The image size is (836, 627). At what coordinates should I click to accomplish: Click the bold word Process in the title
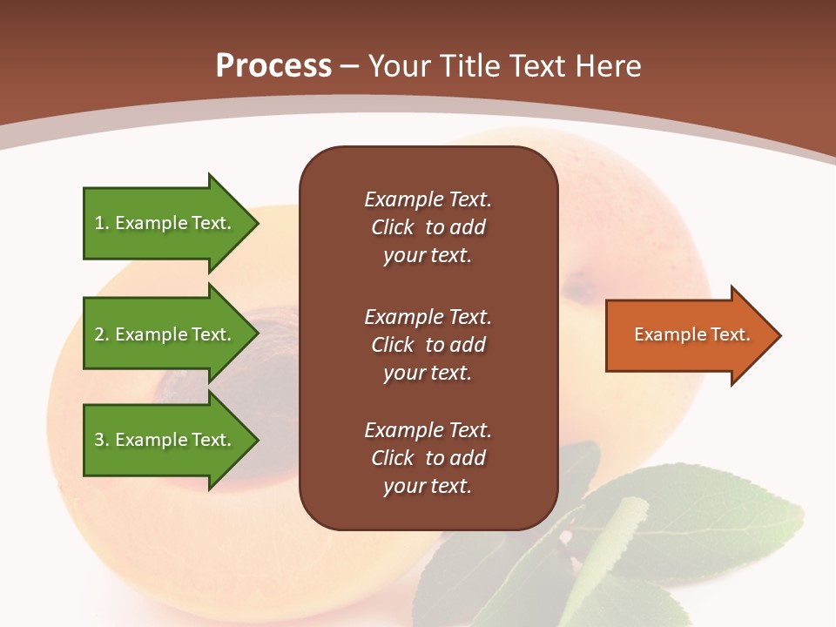(273, 66)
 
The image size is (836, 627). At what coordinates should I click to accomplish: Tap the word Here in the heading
(609, 66)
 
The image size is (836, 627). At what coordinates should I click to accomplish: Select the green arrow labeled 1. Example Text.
(164, 223)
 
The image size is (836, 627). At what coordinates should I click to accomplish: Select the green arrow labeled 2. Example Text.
(164, 334)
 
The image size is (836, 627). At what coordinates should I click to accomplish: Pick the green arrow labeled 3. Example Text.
(164, 440)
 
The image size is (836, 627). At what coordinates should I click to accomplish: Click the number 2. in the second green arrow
(102, 334)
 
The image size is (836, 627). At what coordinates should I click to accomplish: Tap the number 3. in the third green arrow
(102, 440)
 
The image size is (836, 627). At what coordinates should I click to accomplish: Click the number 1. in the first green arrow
(102, 223)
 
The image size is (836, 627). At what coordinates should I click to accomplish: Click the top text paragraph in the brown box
(428, 227)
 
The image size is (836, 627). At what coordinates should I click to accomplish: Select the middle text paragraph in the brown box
(428, 345)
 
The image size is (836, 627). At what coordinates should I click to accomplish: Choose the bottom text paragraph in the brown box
(428, 458)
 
